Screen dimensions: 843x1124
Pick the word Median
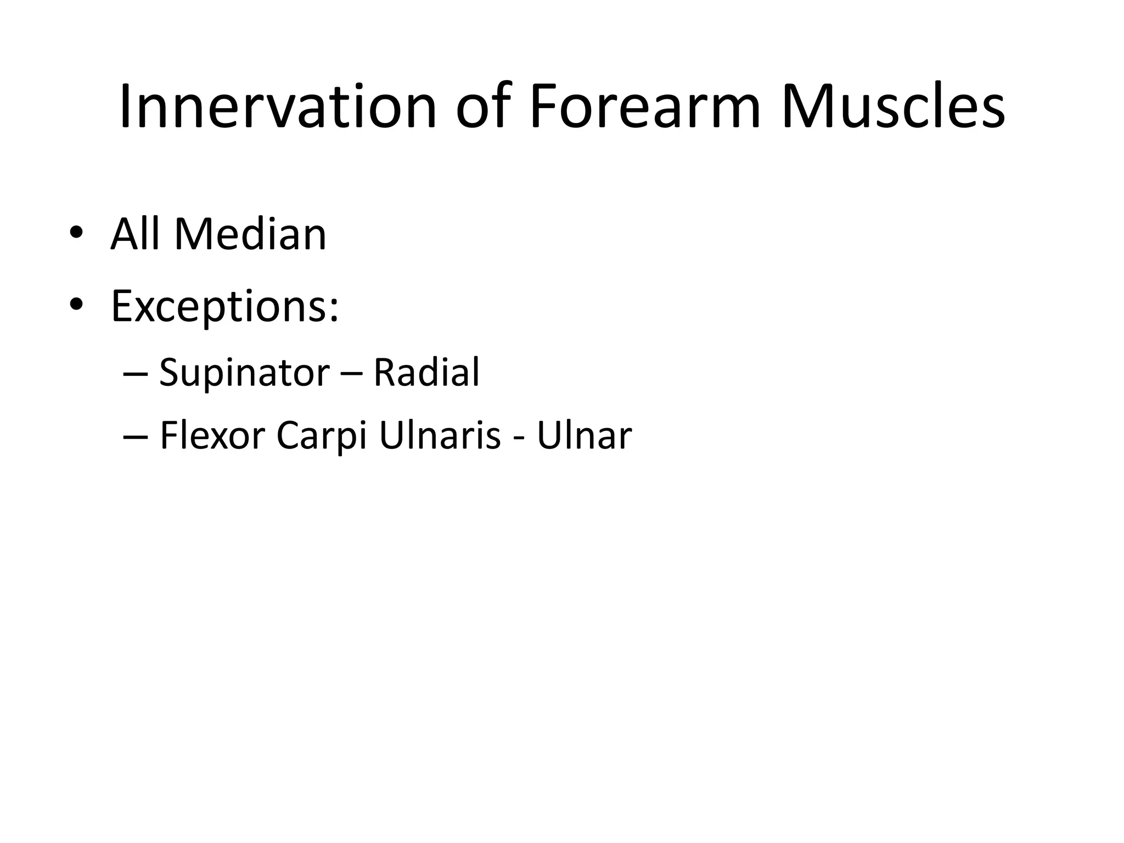[250, 234]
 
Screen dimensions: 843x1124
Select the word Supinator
[244, 373]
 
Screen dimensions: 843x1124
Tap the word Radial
[426, 373]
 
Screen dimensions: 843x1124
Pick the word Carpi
[321, 436]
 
